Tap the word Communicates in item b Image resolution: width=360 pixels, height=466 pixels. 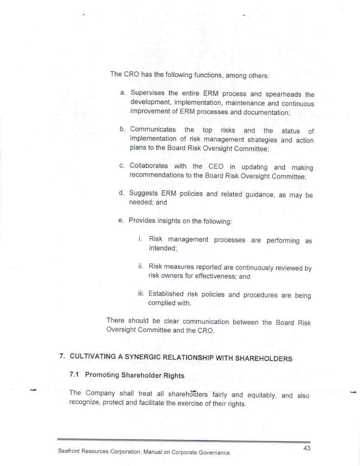153,129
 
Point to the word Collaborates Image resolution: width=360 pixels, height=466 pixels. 149,165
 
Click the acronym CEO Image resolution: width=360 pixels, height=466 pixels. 216,167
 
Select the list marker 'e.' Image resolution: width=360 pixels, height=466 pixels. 121,220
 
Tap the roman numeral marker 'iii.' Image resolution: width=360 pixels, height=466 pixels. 141,294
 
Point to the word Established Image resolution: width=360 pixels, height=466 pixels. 166,294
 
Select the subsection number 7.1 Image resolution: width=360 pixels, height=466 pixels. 74,374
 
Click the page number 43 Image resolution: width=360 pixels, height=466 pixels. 307,448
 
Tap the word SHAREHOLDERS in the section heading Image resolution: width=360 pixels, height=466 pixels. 263,359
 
